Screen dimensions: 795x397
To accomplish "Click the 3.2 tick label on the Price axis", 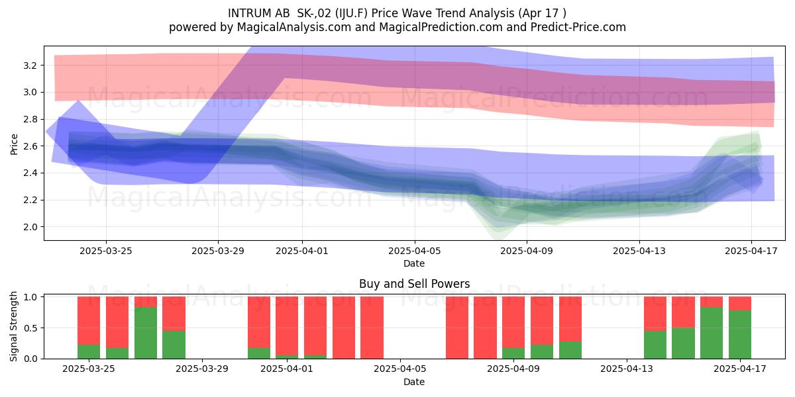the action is click(x=30, y=66).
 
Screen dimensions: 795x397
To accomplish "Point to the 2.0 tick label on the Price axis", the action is click(x=30, y=227).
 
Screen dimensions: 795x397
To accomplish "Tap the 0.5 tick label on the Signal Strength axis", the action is click(x=30, y=328).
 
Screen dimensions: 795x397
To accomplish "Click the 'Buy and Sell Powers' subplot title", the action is click(x=414, y=284).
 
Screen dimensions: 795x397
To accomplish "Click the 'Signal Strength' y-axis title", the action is click(x=13, y=326).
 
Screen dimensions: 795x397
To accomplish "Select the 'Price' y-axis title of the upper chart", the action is click(x=14, y=144).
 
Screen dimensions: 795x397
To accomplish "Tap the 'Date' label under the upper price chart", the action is click(x=414, y=263).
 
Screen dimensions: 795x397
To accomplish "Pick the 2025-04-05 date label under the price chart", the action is click(x=414, y=251).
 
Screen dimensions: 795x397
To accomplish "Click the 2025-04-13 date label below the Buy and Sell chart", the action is click(x=627, y=369).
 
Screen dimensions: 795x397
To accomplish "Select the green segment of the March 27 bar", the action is click(x=146, y=333).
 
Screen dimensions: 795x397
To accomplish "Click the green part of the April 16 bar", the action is click(x=712, y=333).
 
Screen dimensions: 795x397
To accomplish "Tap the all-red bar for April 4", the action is click(x=372, y=328).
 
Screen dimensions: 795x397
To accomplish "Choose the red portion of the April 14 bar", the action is click(x=655, y=314).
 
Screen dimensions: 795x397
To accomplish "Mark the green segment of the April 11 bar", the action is click(x=570, y=350).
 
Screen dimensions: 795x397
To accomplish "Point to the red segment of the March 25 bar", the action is click(x=89, y=321).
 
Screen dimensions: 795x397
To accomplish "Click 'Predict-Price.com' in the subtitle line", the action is click(x=578, y=27).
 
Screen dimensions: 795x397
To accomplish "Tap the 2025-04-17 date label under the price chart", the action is click(x=751, y=251).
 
